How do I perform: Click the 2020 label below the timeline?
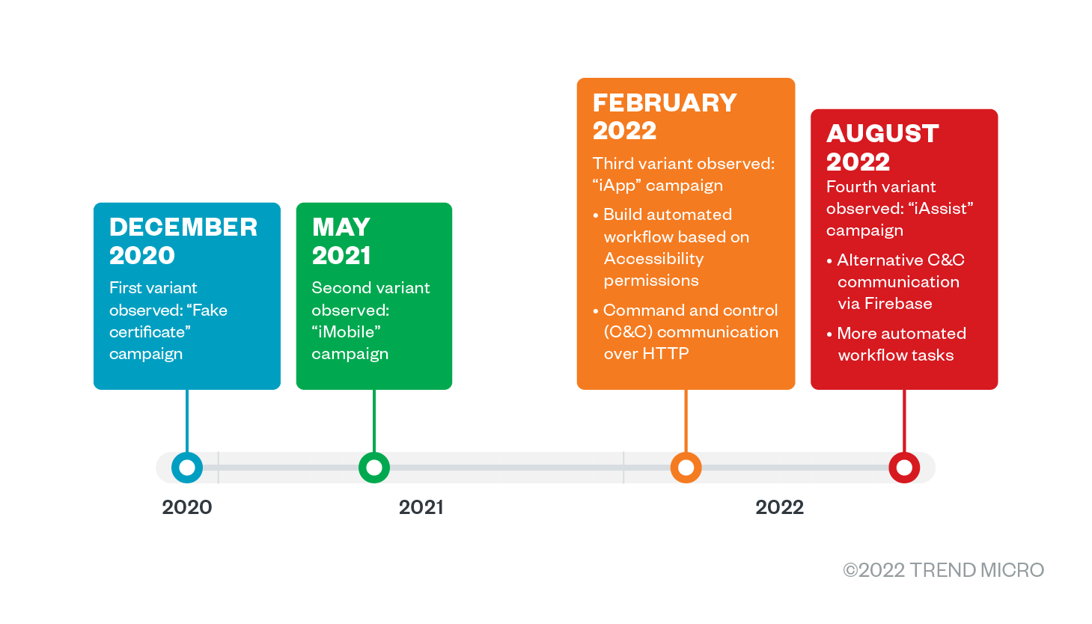187,507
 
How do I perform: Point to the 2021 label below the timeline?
421,507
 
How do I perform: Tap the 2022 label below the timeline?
779,507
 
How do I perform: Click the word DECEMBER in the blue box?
183,227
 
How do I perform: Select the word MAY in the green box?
341,227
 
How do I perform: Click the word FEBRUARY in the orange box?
665,103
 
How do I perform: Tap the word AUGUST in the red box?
882,134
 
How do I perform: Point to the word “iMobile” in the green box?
346,332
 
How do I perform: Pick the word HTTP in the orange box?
666,353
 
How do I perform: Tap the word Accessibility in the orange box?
653,259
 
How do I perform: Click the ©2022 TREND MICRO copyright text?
944,570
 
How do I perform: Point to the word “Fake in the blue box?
207,310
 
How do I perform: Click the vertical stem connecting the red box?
904,421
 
